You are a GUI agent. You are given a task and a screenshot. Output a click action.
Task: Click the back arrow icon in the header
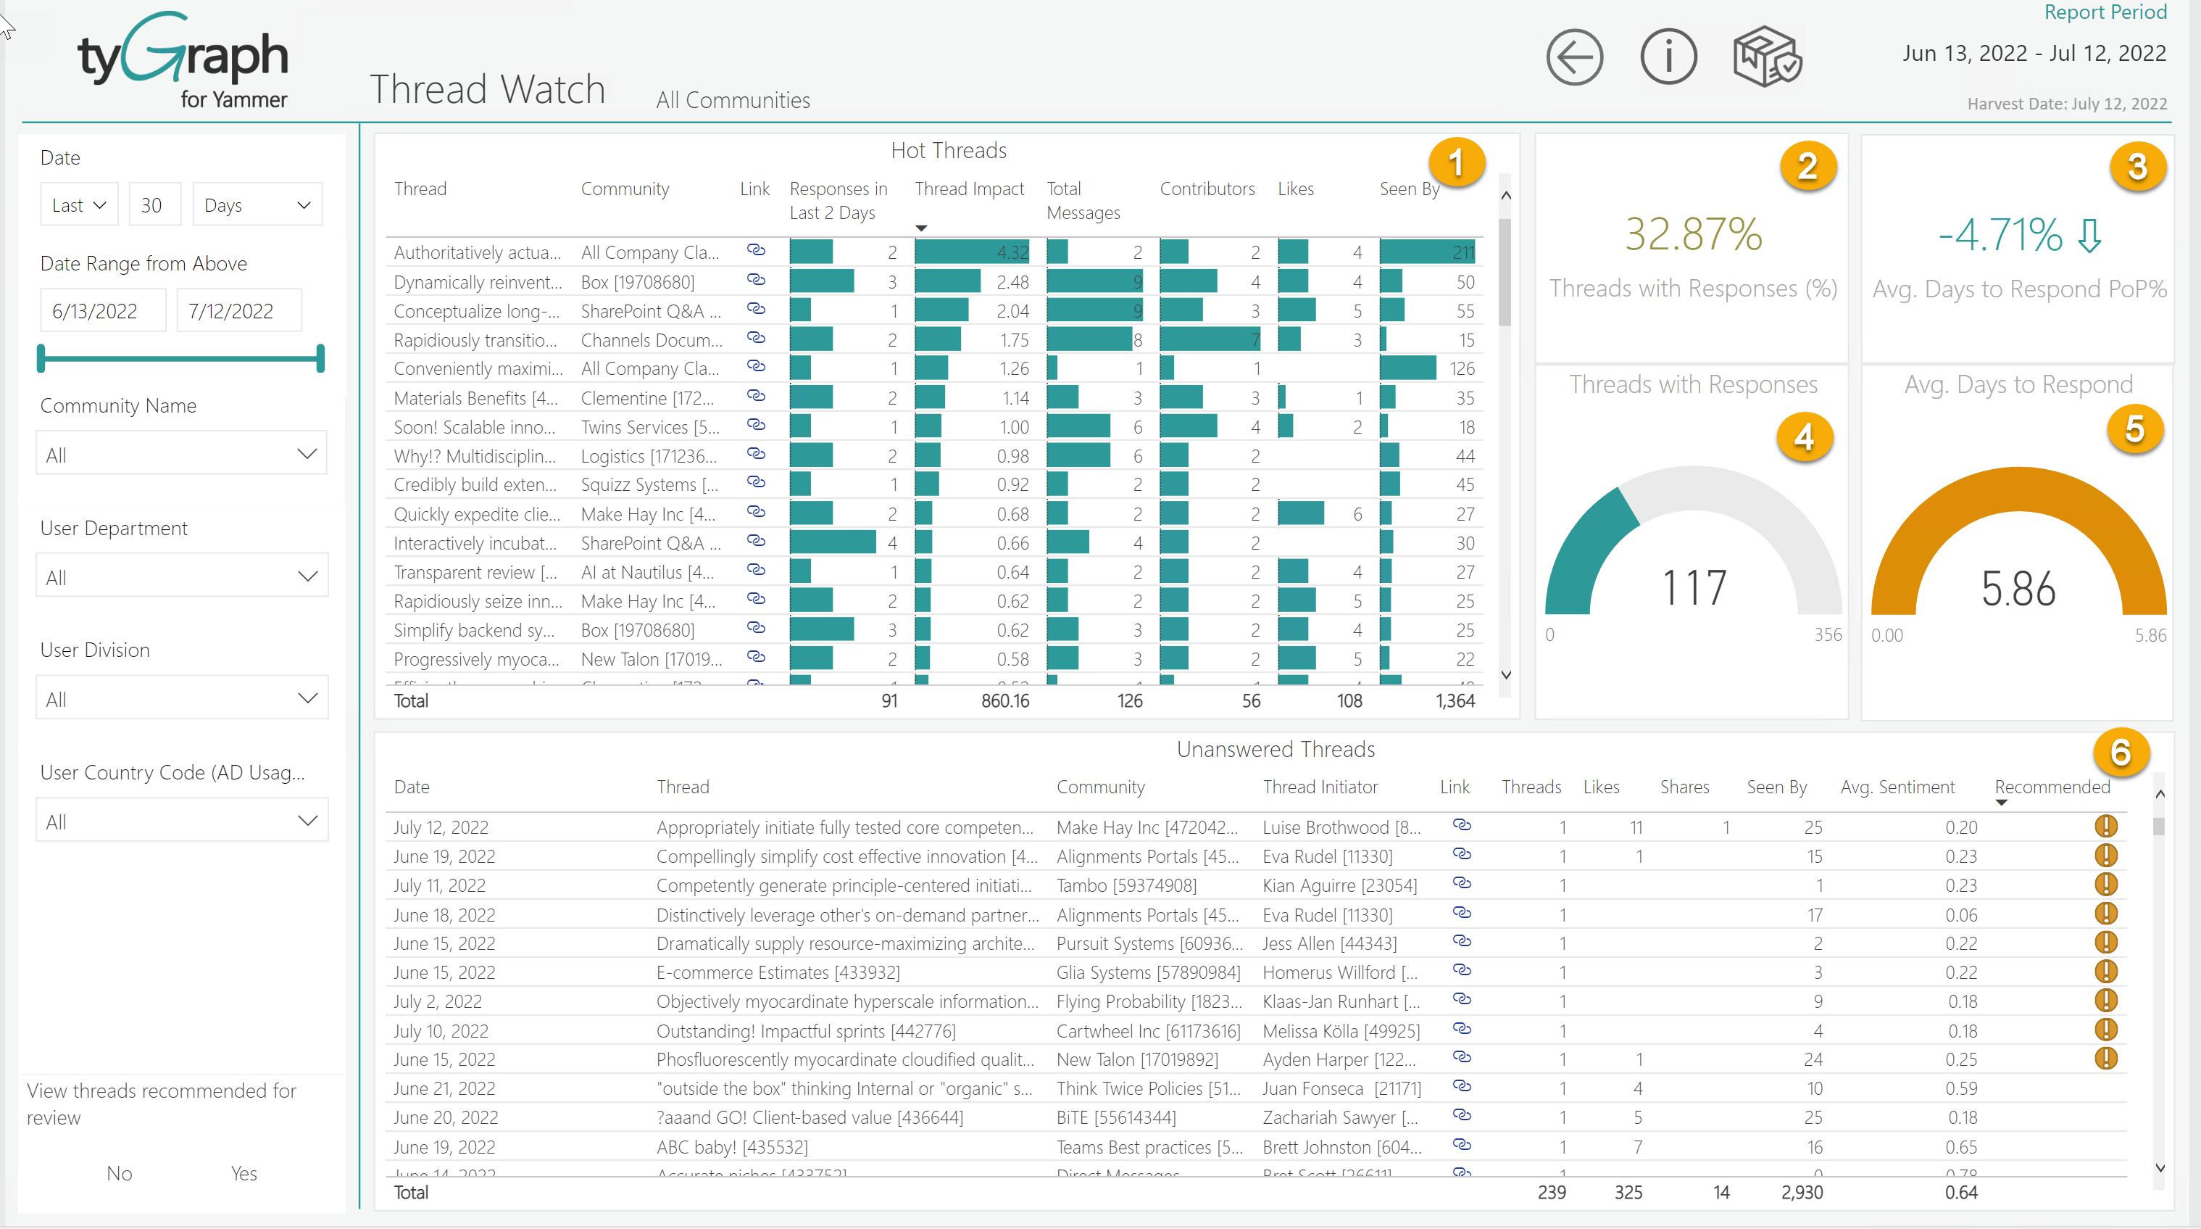coord(1574,58)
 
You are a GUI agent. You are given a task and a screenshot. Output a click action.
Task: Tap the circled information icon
coord(1668,58)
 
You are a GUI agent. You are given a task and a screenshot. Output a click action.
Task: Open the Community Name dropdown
coord(181,454)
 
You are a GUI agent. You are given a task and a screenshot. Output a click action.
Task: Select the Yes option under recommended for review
coord(244,1173)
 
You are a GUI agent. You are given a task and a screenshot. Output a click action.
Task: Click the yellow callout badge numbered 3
coord(2137,167)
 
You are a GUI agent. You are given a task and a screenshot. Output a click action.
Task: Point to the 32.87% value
coord(1693,234)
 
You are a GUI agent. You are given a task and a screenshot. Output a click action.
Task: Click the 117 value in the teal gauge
coord(1694,588)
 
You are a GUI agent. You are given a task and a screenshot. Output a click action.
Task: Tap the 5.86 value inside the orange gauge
coord(2018,589)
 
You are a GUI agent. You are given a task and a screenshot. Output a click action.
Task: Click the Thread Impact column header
coord(969,189)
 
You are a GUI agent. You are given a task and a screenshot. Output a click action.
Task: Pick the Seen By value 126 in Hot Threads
coord(1461,368)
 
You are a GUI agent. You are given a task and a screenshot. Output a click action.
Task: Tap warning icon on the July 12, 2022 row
coord(2105,827)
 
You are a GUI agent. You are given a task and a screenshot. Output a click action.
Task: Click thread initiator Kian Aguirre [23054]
coord(1339,885)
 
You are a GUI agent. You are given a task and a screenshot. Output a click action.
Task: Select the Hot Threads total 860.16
coord(1004,701)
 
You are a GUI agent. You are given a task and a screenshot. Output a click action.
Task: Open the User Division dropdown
coord(181,698)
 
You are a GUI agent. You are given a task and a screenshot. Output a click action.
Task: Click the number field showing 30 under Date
coord(154,205)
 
